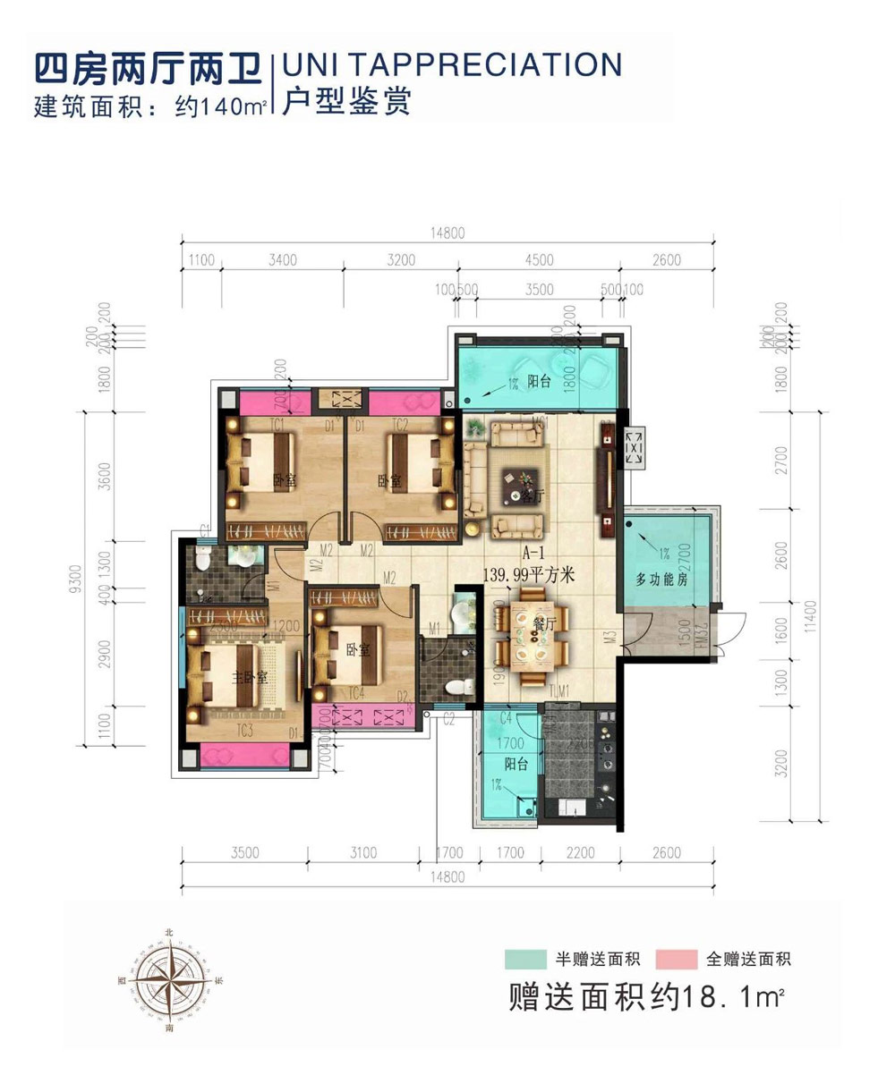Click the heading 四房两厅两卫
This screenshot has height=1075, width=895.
(x=146, y=67)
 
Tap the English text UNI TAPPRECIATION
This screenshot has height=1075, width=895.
(x=451, y=64)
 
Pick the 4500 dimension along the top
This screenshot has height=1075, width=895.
(x=540, y=261)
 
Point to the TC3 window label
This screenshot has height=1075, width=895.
(x=243, y=731)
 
